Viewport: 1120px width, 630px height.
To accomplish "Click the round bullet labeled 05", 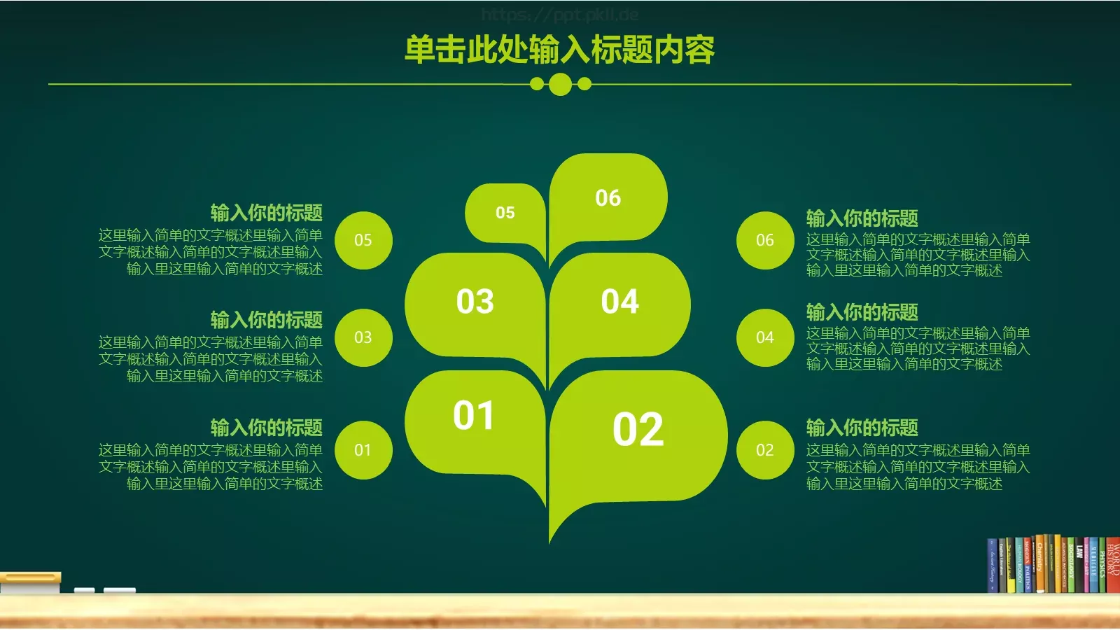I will point(363,240).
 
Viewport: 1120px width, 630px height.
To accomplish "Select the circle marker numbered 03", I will point(363,337).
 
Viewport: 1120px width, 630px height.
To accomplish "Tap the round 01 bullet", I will point(363,450).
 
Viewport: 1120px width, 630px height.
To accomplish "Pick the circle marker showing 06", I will point(765,240).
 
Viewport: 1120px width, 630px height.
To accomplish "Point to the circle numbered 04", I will point(765,337).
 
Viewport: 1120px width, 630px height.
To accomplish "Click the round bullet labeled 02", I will point(765,450).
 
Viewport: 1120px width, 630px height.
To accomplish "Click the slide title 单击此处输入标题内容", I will point(560,50).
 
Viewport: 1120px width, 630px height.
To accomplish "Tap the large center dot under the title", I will point(560,85).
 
